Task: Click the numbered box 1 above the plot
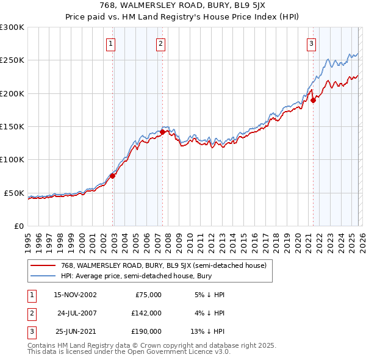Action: pyautogui.click(x=111, y=43)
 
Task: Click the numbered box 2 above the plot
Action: pyautogui.click(x=160, y=43)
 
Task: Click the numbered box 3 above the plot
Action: pyautogui.click(x=311, y=43)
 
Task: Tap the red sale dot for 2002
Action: pyautogui.click(x=112, y=176)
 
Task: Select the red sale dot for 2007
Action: pyautogui.click(x=163, y=132)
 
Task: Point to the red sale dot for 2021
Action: pyautogui.click(x=313, y=100)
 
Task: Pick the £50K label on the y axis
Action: pyautogui.click(x=14, y=193)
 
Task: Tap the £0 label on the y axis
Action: pyautogui.click(x=18, y=226)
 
